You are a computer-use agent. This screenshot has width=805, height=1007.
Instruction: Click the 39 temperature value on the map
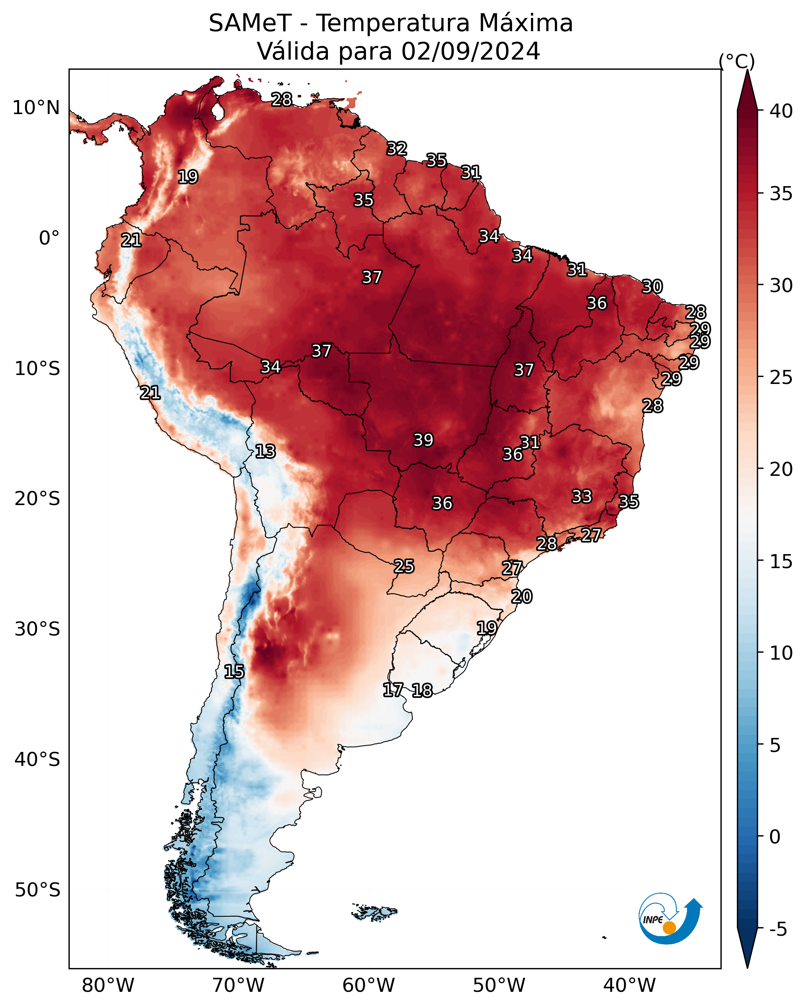coord(423,440)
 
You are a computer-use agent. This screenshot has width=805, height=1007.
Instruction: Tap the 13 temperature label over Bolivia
coord(265,451)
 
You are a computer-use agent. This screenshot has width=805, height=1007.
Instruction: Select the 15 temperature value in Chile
coord(234,672)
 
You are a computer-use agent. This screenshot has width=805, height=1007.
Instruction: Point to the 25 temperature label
coord(403,566)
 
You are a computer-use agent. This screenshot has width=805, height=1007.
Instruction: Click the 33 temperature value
coord(582,496)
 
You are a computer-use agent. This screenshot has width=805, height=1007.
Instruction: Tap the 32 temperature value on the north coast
coord(397,148)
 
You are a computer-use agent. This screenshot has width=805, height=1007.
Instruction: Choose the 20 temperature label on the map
coord(521,597)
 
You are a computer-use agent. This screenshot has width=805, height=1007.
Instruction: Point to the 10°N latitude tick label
coord(36,108)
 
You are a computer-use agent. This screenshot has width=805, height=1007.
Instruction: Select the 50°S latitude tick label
coord(37,890)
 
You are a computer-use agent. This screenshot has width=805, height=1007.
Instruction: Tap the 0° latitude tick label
coord(49,238)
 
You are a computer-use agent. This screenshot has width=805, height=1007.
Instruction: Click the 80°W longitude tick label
coord(108,985)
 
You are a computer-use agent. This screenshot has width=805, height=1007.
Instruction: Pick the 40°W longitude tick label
coord(629,985)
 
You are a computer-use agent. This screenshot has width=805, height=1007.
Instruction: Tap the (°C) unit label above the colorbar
coord(736,61)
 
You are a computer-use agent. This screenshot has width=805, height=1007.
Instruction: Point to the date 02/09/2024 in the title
coord(470,51)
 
